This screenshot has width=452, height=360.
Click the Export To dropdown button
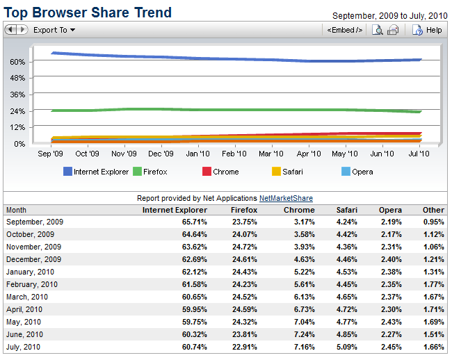coord(54,30)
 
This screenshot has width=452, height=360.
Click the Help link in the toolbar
coord(428,30)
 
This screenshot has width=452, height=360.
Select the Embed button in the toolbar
coord(344,30)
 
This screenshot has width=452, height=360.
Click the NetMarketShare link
coord(285,198)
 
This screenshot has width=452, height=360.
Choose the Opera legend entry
coord(357,172)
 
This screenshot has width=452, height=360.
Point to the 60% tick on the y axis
coord(17,61)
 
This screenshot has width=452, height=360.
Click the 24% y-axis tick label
coord(17,111)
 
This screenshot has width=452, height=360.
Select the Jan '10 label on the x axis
coord(197,154)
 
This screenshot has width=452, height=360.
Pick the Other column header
coord(433,210)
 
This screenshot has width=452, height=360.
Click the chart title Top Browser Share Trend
coord(88,13)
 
